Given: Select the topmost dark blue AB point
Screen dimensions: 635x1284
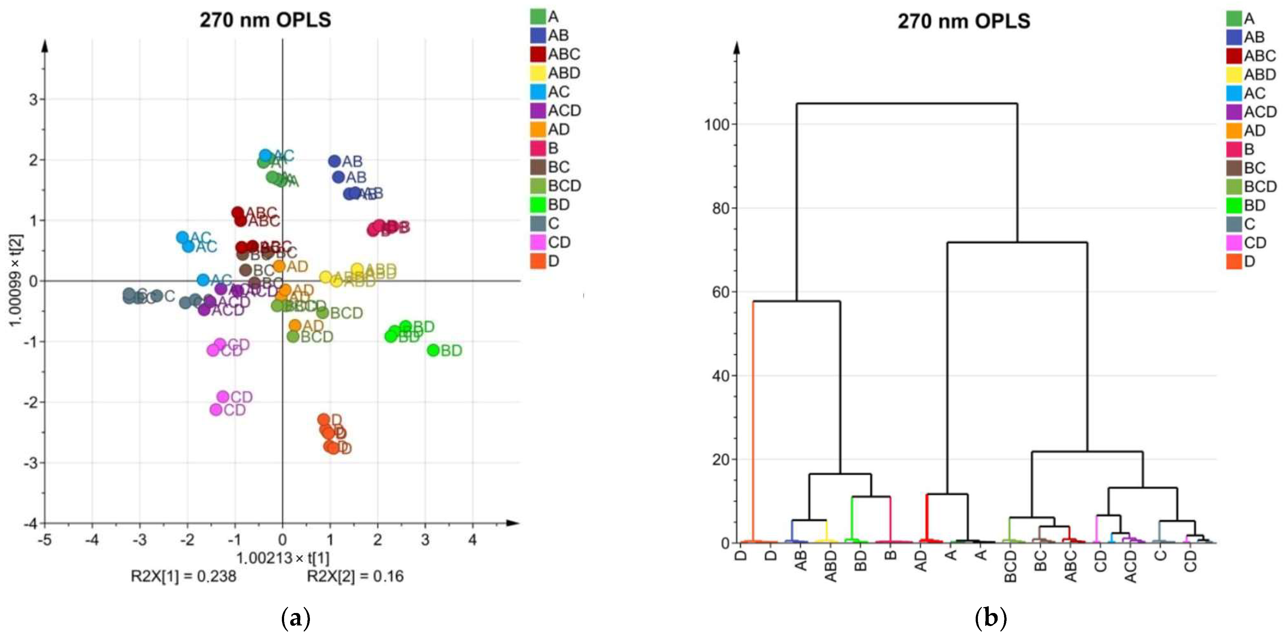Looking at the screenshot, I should pyautogui.click(x=334, y=161).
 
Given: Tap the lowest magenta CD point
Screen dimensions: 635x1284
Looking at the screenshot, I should pyautogui.click(x=216, y=410).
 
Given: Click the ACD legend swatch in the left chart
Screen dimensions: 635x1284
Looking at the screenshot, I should pyautogui.click(x=538, y=111).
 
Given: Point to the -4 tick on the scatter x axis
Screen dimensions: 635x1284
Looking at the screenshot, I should pyautogui.click(x=92, y=540).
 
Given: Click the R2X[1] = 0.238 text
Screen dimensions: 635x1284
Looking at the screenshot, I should pyautogui.click(x=183, y=576).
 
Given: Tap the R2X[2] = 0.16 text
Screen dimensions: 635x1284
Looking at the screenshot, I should pyautogui.click(x=355, y=576).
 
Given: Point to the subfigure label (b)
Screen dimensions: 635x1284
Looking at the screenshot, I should pyautogui.click(x=990, y=618).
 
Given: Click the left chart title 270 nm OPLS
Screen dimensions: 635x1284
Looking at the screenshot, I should pyautogui.click(x=265, y=20).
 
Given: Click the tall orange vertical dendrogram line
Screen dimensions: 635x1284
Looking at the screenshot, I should pyautogui.click(x=753, y=424).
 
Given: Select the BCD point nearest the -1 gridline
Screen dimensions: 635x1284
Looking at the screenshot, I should pyautogui.click(x=293, y=336).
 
